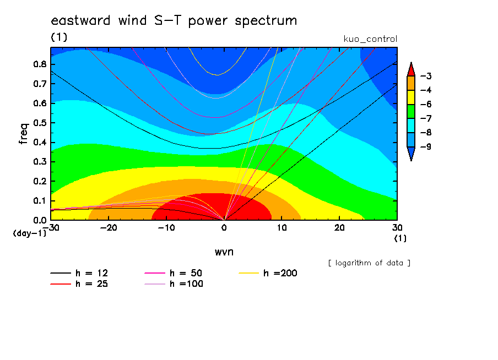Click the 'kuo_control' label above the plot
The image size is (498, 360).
tap(370, 39)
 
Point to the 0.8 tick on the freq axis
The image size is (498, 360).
tap(40, 64)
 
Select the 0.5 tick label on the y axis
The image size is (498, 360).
tap(40, 123)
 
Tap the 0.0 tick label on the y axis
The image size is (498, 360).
tap(40, 220)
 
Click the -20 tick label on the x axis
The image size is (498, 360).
tap(109, 228)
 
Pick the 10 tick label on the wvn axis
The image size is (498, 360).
tap(282, 228)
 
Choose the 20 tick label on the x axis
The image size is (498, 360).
tap(339, 228)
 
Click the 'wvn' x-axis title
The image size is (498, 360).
tap(224, 252)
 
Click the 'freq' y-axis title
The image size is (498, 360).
tap(24, 134)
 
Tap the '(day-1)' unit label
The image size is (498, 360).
tap(30, 233)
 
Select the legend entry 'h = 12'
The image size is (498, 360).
tap(79, 273)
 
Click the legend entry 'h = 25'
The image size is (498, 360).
tap(79, 284)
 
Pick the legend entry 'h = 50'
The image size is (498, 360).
tap(174, 273)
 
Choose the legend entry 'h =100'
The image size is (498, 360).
tap(174, 284)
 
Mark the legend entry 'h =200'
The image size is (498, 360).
tap(268, 273)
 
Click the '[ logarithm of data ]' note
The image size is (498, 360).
tap(369, 263)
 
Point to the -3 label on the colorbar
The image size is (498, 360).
tap(426, 76)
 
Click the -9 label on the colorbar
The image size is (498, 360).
tap(426, 146)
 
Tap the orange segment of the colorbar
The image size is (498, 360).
tap(411, 83)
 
